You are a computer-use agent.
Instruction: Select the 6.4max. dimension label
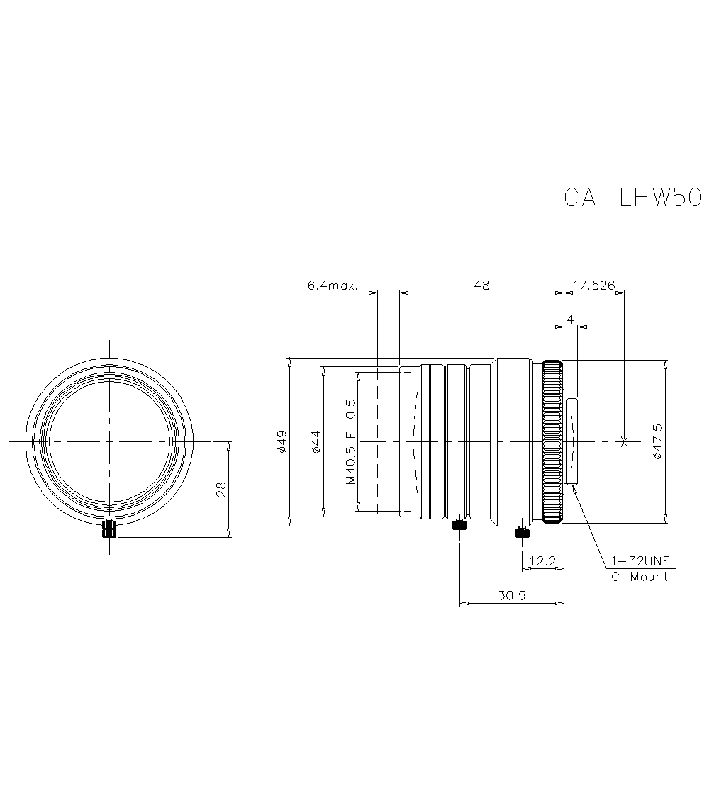pos(333,286)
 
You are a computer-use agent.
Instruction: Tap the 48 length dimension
pos(482,285)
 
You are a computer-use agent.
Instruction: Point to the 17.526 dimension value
pos(593,285)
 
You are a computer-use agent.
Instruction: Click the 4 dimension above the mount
pos(571,320)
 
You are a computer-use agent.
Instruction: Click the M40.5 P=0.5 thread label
pos(350,441)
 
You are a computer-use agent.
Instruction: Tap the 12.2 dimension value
pos(542,560)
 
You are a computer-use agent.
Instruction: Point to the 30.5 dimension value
pos(511,595)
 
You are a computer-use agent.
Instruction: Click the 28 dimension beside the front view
pos(221,489)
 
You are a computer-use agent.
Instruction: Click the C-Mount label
pos(639,577)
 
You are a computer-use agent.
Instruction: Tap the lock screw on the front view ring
pos(110,529)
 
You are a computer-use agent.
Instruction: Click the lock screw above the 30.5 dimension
pos(459,525)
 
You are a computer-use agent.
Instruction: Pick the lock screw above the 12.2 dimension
pos(522,532)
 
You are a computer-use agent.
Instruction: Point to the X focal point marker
pos(623,441)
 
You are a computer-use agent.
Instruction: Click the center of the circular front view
pos(110,441)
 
